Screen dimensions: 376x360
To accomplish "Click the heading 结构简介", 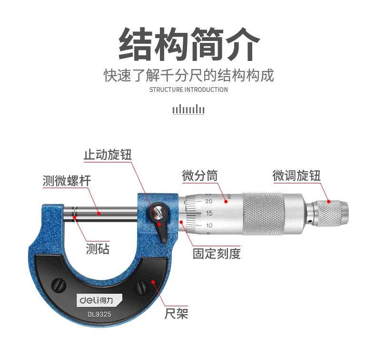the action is [x=189, y=44].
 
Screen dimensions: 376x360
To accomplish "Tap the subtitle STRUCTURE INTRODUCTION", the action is [x=188, y=90].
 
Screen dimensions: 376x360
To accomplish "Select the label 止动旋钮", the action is [x=108, y=154].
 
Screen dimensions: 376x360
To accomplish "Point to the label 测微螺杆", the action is [x=67, y=180].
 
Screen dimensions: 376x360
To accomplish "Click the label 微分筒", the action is [x=200, y=175].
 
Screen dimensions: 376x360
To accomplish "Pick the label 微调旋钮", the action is [x=297, y=175].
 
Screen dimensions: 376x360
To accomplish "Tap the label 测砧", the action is [x=98, y=249].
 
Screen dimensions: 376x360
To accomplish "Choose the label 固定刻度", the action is [x=217, y=253].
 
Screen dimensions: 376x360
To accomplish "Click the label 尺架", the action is [x=176, y=313].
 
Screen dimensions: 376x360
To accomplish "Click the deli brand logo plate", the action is [x=99, y=300].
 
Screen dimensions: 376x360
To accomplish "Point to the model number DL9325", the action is [x=99, y=314].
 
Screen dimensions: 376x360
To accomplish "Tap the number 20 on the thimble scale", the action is [x=208, y=201].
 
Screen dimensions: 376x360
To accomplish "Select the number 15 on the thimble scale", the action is [x=209, y=213].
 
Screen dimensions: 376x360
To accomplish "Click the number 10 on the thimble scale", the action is [x=209, y=225].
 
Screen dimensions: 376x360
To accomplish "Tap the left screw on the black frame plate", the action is [x=59, y=285].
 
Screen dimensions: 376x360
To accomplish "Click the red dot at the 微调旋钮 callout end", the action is [x=329, y=201].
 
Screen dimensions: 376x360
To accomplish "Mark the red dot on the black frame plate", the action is [x=153, y=281].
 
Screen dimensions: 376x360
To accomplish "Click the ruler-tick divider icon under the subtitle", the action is [x=188, y=110].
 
